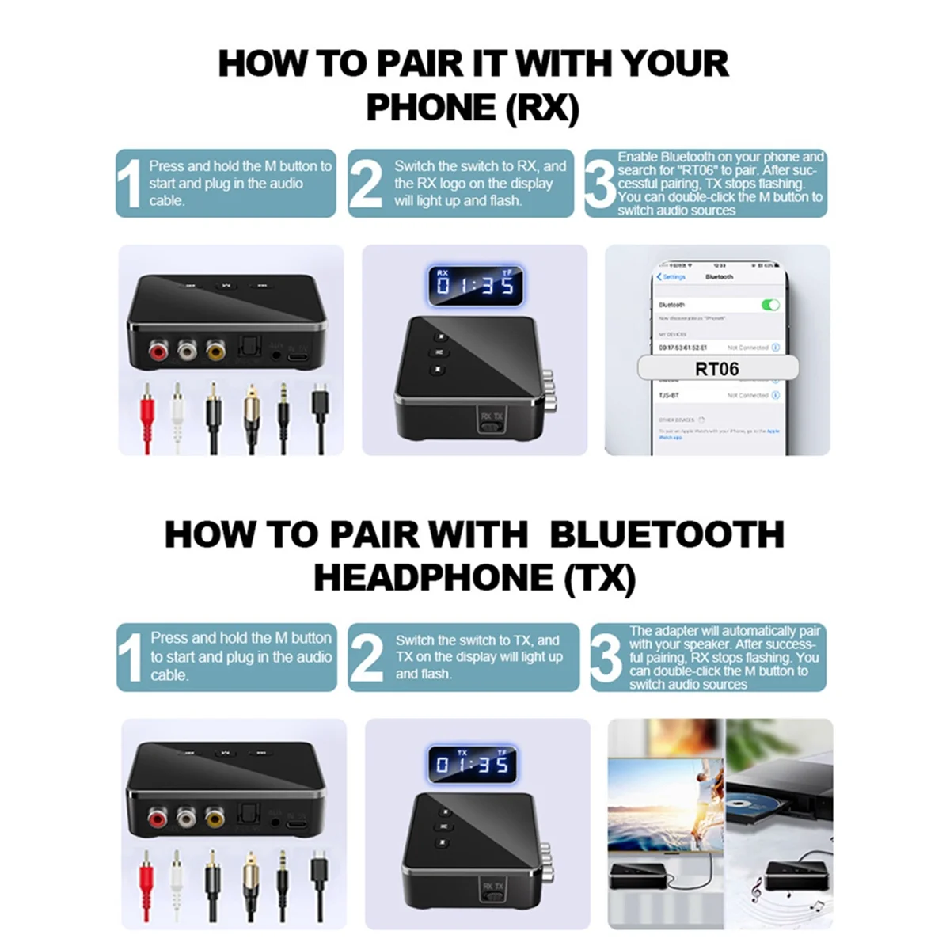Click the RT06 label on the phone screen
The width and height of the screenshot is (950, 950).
pos(716,369)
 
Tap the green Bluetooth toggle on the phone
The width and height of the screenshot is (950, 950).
pos(769,305)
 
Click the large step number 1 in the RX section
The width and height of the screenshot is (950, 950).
pos(129,184)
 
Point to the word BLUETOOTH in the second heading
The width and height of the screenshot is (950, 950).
pos(666,534)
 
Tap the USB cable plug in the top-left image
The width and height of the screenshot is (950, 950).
pos(318,404)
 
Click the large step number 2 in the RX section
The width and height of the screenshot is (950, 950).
pos(366,184)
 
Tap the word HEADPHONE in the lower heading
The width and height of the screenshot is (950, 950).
pos(434,578)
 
